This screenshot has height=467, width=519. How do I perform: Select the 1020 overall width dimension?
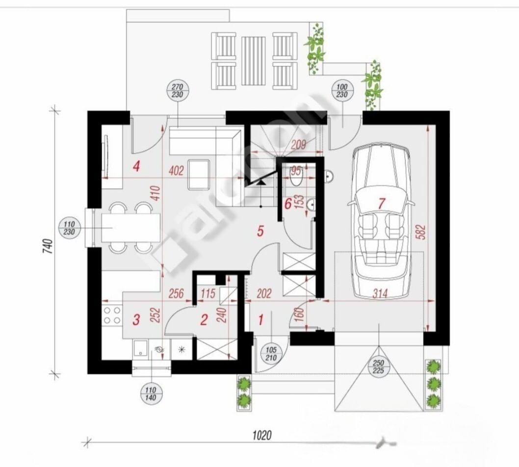[262, 434]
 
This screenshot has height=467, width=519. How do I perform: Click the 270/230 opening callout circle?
[177, 91]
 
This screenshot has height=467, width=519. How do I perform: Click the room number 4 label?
[136, 167]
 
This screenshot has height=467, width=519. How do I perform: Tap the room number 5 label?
[261, 231]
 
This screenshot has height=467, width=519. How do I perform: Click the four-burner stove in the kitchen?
[112, 315]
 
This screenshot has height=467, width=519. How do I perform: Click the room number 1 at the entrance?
[261, 320]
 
